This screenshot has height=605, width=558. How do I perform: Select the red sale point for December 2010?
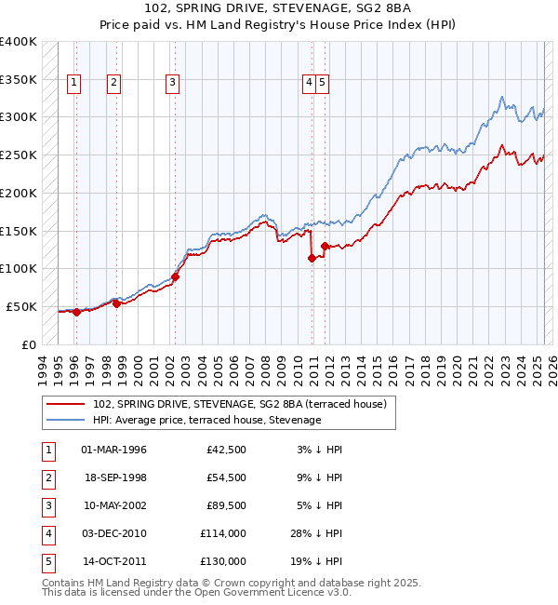312,259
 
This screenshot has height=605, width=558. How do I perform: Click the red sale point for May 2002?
175,276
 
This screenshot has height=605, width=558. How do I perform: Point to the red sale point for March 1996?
76,313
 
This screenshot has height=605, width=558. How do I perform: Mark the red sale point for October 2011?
325,247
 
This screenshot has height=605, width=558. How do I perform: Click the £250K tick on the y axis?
19,155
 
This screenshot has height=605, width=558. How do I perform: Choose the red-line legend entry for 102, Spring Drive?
246,404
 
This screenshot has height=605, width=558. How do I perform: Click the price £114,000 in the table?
223,534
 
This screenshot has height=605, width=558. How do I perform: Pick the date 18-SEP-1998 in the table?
114,478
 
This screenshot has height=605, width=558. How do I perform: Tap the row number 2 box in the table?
46,478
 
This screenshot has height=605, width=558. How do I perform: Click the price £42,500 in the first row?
226,450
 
